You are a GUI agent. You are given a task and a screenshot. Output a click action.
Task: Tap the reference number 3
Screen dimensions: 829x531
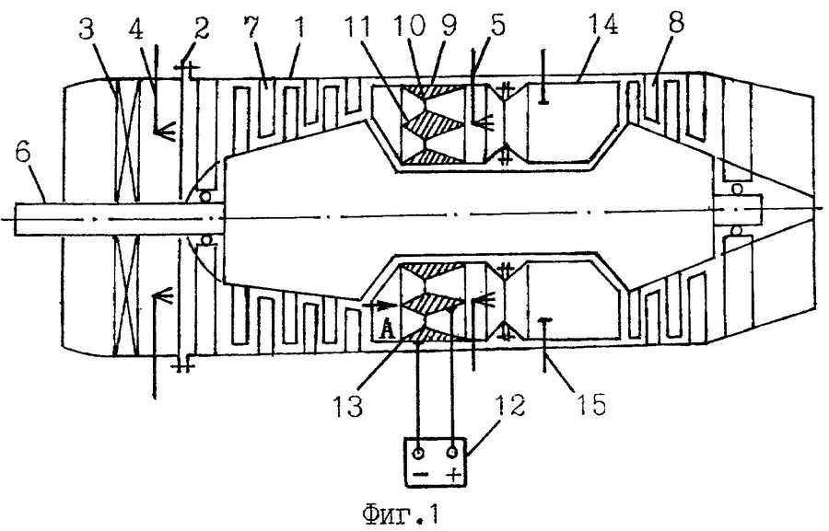coord(87,30)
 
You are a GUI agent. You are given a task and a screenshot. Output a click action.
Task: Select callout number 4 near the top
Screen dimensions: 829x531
coord(136,30)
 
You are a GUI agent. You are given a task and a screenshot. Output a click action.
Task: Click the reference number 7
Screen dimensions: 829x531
coord(252,28)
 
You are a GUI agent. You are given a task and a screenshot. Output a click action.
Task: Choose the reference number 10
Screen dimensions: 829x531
coord(410,26)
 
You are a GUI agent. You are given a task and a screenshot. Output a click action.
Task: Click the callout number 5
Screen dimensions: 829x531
coord(496,25)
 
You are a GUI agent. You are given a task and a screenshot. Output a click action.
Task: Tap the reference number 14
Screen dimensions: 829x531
coord(601,25)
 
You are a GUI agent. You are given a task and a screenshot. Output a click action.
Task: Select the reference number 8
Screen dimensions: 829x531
coord(674,23)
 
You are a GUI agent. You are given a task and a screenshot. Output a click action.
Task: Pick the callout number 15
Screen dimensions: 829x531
coord(590,404)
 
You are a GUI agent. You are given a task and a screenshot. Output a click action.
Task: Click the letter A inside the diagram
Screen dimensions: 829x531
coord(388,330)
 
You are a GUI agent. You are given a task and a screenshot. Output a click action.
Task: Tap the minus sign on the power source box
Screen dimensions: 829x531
coord(420,475)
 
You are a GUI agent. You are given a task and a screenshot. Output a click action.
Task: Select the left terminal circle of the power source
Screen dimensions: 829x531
coord(419,454)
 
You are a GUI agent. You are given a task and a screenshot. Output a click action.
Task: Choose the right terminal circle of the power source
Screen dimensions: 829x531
coord(453,453)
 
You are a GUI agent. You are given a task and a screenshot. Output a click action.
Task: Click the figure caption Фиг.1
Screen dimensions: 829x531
coord(401,514)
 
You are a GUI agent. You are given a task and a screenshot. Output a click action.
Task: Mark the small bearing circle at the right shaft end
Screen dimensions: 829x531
coord(737,190)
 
